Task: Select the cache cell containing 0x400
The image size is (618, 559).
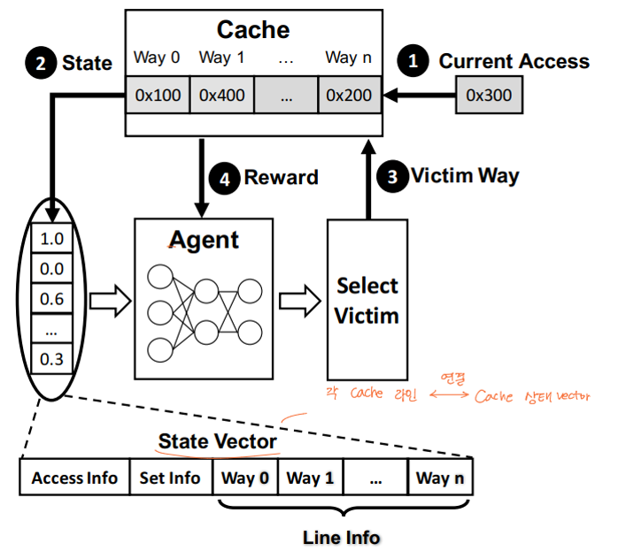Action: (222, 96)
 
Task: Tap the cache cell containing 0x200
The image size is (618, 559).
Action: (349, 96)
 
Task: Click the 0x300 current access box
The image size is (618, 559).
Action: (488, 96)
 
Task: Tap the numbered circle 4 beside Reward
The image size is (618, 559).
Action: (227, 177)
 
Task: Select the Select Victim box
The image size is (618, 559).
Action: (367, 299)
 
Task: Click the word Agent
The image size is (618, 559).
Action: (204, 240)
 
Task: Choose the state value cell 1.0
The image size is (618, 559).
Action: (53, 239)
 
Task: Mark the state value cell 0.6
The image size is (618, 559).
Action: (53, 299)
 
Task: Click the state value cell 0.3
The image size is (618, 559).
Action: (53, 359)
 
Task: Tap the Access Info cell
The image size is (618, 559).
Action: (74, 479)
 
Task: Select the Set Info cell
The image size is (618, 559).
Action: (170, 479)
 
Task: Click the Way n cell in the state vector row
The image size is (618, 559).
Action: (439, 479)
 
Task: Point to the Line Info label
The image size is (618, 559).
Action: (341, 537)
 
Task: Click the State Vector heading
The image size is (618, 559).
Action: (217, 440)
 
